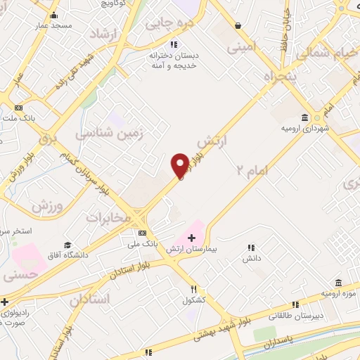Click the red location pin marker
[180, 165]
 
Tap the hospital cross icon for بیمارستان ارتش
[191, 238]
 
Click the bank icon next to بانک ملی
[142, 233]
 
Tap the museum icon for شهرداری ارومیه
[304, 117]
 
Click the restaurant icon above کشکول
[194, 288]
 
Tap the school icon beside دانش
[251, 247]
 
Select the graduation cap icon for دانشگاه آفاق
[67, 245]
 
